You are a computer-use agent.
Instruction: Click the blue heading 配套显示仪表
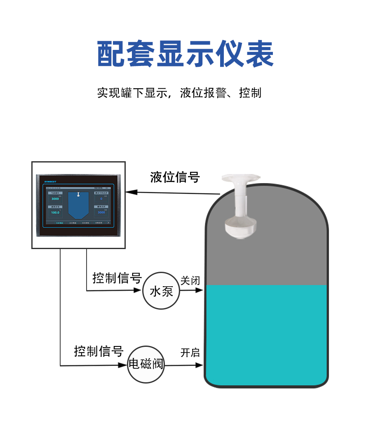185,54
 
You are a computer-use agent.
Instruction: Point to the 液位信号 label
175,177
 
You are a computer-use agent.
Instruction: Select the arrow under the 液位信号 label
173,192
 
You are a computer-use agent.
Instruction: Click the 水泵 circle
161,291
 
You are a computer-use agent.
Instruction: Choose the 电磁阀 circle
146,365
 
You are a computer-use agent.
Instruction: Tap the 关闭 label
190,281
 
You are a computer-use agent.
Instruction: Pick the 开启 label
190,353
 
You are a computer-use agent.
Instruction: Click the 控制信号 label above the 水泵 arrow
117,278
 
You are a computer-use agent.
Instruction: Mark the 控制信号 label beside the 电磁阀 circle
99,351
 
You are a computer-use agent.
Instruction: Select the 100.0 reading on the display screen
55,212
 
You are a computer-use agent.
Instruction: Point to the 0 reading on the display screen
101,199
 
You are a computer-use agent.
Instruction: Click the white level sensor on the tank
240,208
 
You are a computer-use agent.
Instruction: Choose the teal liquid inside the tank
266,334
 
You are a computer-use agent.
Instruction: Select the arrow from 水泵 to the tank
192,290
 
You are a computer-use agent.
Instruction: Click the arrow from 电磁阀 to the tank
184,365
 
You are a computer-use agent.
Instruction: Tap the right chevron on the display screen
108,223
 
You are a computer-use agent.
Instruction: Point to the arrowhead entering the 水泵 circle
138,290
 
